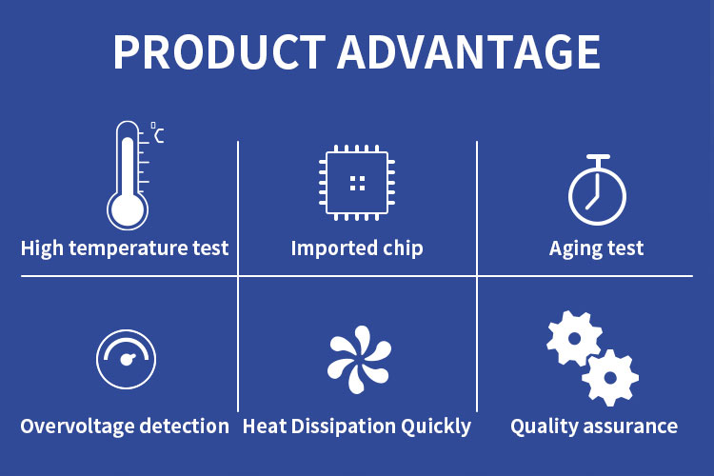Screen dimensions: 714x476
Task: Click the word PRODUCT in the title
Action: [220, 52]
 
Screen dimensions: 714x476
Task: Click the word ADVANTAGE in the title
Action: [469, 52]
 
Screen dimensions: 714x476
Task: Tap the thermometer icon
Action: [129, 175]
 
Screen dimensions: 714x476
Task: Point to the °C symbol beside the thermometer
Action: [157, 132]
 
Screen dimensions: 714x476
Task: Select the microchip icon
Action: [357, 183]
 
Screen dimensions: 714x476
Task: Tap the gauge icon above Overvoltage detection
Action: [126, 359]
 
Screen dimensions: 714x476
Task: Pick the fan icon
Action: [359, 360]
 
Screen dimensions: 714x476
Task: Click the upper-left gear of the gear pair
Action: [574, 339]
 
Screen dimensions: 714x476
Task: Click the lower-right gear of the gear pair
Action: [610, 378]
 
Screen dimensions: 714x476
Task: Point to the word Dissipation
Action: [344, 426]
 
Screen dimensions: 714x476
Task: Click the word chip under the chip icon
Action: [403, 248]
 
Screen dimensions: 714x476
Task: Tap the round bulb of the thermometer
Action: [128, 211]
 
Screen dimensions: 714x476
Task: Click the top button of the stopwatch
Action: [598, 157]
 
